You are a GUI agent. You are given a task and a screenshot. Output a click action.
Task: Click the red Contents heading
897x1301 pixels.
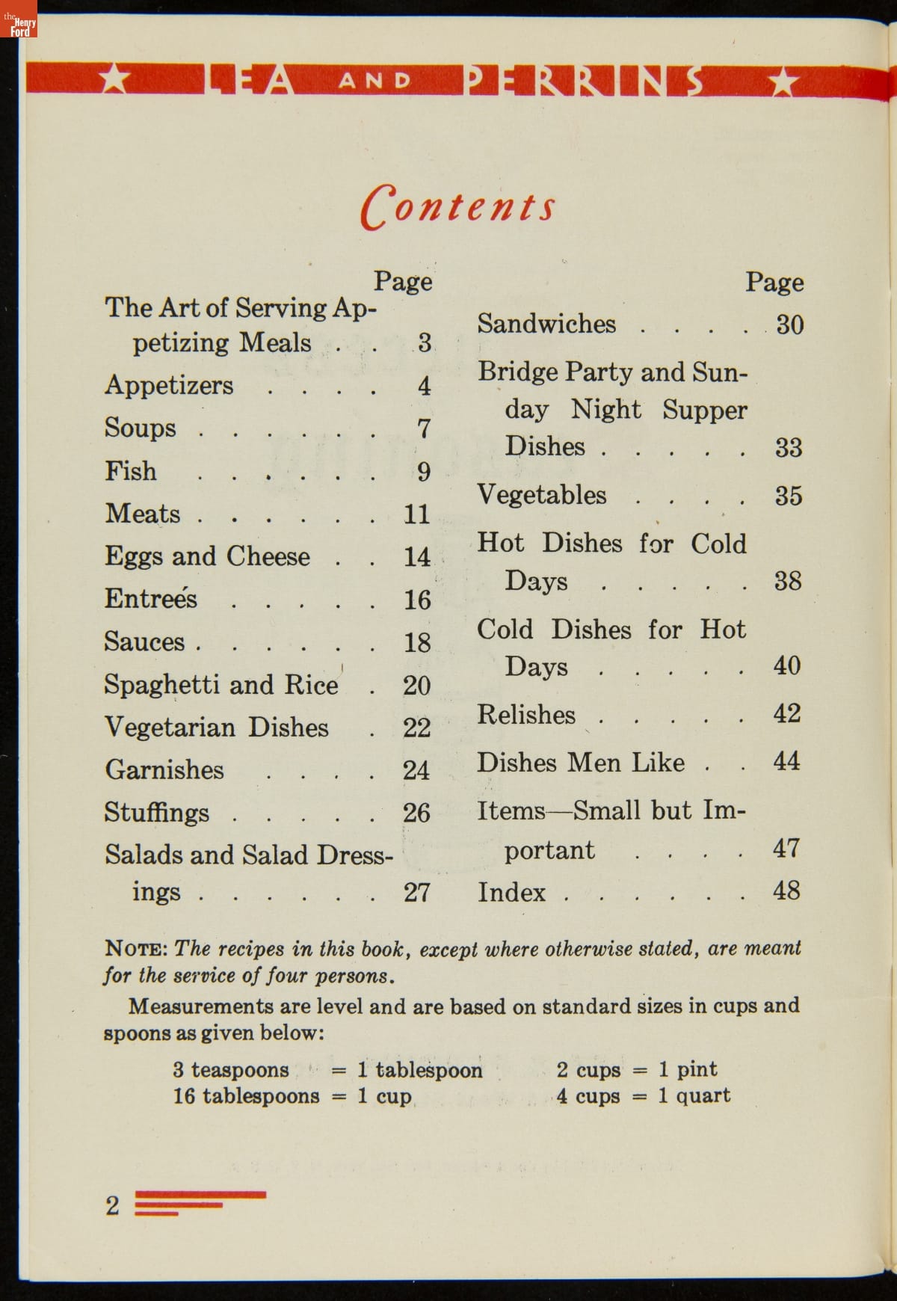pos(458,206)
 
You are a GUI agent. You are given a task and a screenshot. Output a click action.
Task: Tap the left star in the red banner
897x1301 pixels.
pos(114,79)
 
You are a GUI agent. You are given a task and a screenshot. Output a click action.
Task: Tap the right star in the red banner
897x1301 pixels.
pos(782,81)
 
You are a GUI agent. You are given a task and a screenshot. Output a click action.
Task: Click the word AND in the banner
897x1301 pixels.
pos(375,80)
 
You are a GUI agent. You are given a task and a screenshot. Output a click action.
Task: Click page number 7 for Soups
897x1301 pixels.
pos(424,428)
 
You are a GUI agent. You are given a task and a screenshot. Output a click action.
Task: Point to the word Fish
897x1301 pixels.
pos(131,471)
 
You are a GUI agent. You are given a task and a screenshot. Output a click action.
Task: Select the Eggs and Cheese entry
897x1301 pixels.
pos(207,556)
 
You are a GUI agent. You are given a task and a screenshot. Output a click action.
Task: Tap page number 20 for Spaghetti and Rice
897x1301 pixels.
pos(416,686)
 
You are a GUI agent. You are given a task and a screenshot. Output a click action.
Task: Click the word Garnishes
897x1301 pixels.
pos(164,770)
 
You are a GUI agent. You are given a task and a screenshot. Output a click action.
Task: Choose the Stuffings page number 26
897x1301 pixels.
pos(416,813)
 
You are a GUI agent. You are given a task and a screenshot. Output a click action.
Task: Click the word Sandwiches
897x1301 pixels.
pos(546,324)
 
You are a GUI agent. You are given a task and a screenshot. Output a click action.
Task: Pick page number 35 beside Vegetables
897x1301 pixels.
pos(788,496)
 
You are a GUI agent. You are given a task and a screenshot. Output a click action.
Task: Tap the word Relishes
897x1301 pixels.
pos(526,715)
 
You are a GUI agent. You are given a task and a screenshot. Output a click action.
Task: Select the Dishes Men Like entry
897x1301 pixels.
pos(581,763)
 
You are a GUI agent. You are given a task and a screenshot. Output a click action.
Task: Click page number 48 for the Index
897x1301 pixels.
pos(786,891)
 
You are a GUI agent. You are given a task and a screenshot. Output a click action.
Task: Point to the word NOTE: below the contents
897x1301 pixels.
pos(136,949)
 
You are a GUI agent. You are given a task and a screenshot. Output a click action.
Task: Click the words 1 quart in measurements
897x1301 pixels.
pos(694,1096)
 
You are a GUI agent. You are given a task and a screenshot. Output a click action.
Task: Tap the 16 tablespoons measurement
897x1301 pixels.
pos(246,1096)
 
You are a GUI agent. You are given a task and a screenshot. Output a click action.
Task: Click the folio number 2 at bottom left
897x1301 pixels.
pos(112,1205)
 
